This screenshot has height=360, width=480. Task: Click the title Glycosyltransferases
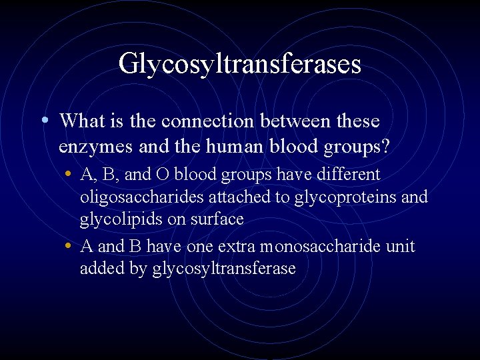[239, 64]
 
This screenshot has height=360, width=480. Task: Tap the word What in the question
[82, 121]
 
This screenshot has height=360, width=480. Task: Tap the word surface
[217, 219]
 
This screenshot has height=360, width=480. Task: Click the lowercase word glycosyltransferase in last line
[223, 269]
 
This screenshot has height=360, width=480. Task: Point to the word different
[347, 175]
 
